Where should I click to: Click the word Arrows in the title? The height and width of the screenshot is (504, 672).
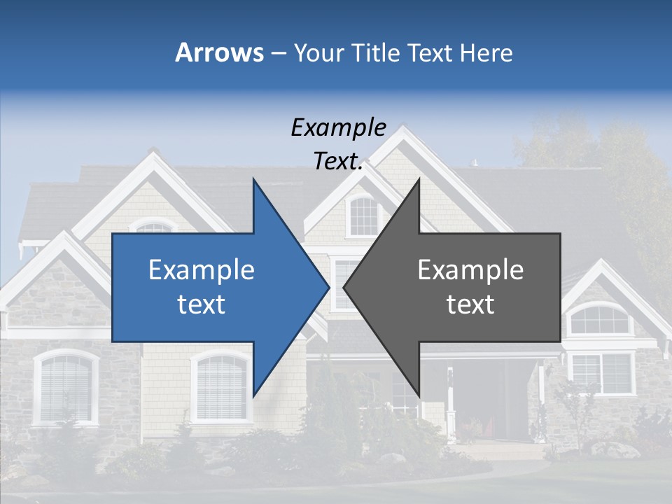[219, 52]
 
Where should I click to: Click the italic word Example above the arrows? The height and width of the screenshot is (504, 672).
[338, 128]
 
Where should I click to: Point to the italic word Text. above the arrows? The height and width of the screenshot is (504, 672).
[338, 162]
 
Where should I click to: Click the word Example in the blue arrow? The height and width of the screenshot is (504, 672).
[202, 270]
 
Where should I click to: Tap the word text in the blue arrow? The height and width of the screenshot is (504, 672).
[202, 304]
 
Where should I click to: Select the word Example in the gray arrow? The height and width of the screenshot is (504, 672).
[470, 270]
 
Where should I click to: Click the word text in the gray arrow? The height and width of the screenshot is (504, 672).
[470, 304]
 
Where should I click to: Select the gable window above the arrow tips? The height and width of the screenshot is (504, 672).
[363, 216]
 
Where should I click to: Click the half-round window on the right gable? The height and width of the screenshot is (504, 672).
[598, 321]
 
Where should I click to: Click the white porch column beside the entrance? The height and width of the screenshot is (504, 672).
[450, 402]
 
